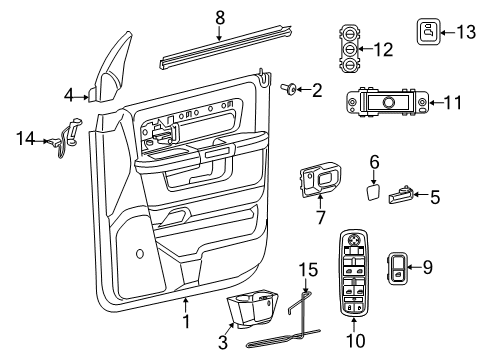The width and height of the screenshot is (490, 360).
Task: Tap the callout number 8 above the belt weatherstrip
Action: tap(220, 17)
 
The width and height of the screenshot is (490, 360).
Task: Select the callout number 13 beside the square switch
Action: tap(464, 33)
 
